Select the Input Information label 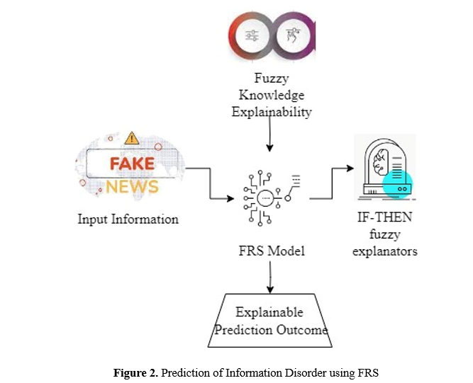pyautogui.click(x=128, y=219)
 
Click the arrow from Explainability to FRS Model pyautogui.click(x=269, y=135)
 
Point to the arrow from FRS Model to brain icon pyautogui.click(x=331, y=181)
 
